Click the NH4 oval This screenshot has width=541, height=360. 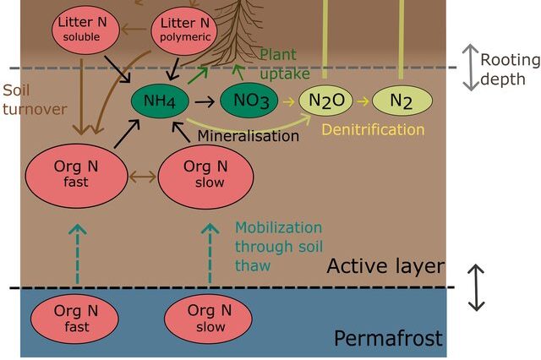(161, 101)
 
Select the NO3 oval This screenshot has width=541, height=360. (249, 101)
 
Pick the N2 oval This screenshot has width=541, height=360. (402, 101)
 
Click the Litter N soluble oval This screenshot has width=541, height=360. (85, 30)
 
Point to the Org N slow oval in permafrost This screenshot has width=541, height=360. (207, 318)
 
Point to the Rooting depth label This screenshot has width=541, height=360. (510, 68)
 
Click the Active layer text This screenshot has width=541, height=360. (385, 267)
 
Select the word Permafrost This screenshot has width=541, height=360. (388, 339)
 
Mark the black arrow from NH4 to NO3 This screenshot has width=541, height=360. (204, 101)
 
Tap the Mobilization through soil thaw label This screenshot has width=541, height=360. (278, 246)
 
